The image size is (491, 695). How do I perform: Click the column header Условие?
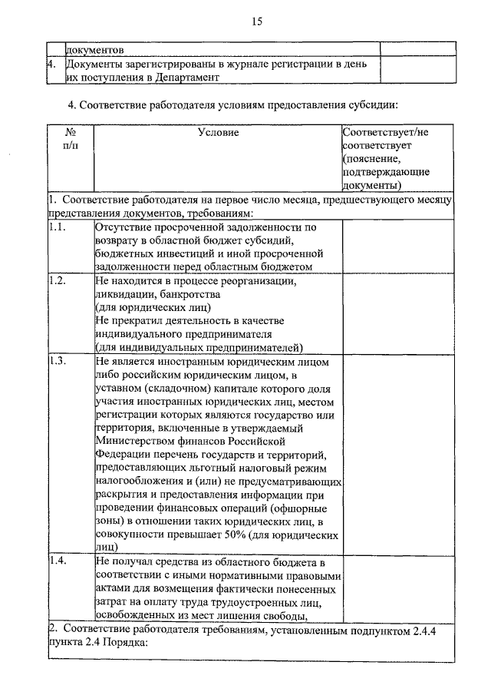[x=218, y=133]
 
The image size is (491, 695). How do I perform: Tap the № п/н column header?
[x=70, y=139]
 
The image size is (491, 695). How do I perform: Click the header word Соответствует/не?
[x=385, y=133]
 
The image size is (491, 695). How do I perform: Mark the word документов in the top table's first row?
[x=94, y=50]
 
